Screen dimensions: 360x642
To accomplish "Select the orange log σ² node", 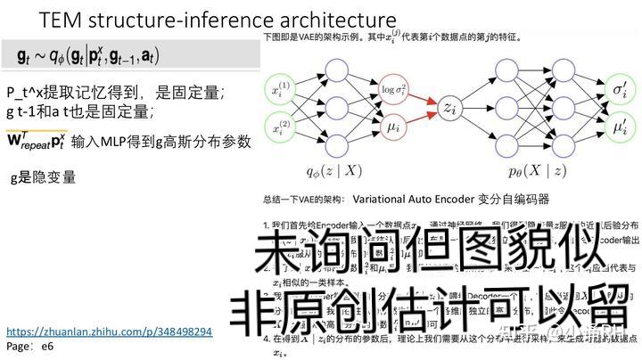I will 392,90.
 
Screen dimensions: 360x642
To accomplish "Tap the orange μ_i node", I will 392,129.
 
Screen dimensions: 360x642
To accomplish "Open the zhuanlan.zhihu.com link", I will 109,331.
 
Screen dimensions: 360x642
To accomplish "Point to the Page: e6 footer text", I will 29,345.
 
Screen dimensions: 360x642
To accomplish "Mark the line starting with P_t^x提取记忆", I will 115,92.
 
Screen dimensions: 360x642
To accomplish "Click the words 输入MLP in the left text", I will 100,142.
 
